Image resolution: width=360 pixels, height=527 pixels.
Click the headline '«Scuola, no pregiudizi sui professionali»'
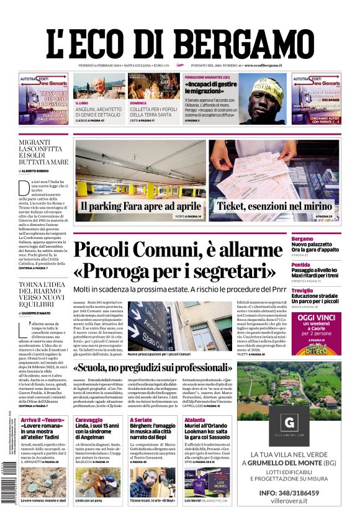pos(196,367)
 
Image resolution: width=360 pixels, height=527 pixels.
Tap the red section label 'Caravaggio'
pos(88,420)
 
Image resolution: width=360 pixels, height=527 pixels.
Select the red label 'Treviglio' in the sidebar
pos(320,291)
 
